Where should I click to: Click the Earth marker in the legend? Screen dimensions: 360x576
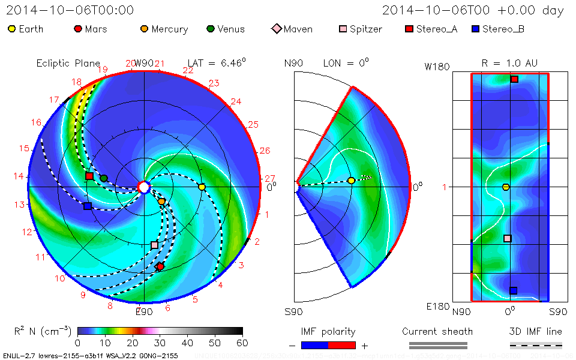point(12,29)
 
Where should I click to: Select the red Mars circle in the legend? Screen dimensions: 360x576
point(78,29)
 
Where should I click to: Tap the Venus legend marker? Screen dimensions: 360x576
point(211,29)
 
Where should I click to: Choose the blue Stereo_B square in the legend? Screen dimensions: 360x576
point(476,29)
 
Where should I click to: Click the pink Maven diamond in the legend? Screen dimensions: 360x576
point(277,29)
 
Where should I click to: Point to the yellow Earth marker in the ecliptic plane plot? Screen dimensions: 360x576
point(202,187)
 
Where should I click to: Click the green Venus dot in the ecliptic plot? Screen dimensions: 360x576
point(104,178)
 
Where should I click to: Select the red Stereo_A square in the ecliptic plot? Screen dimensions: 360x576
point(89,176)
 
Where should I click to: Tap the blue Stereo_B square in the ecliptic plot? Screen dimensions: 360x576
point(88,206)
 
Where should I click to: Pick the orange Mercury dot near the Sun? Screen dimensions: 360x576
point(161,202)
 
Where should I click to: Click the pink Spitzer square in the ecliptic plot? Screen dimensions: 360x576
point(154,245)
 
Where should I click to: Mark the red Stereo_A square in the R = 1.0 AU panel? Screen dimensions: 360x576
point(514,79)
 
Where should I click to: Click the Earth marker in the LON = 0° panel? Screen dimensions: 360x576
point(352,181)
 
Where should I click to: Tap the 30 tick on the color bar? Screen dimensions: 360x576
point(160,343)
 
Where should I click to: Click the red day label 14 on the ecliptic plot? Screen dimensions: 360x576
point(20,176)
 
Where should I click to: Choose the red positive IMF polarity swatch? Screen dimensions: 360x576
point(342,345)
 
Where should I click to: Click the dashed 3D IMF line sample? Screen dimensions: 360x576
point(536,345)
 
